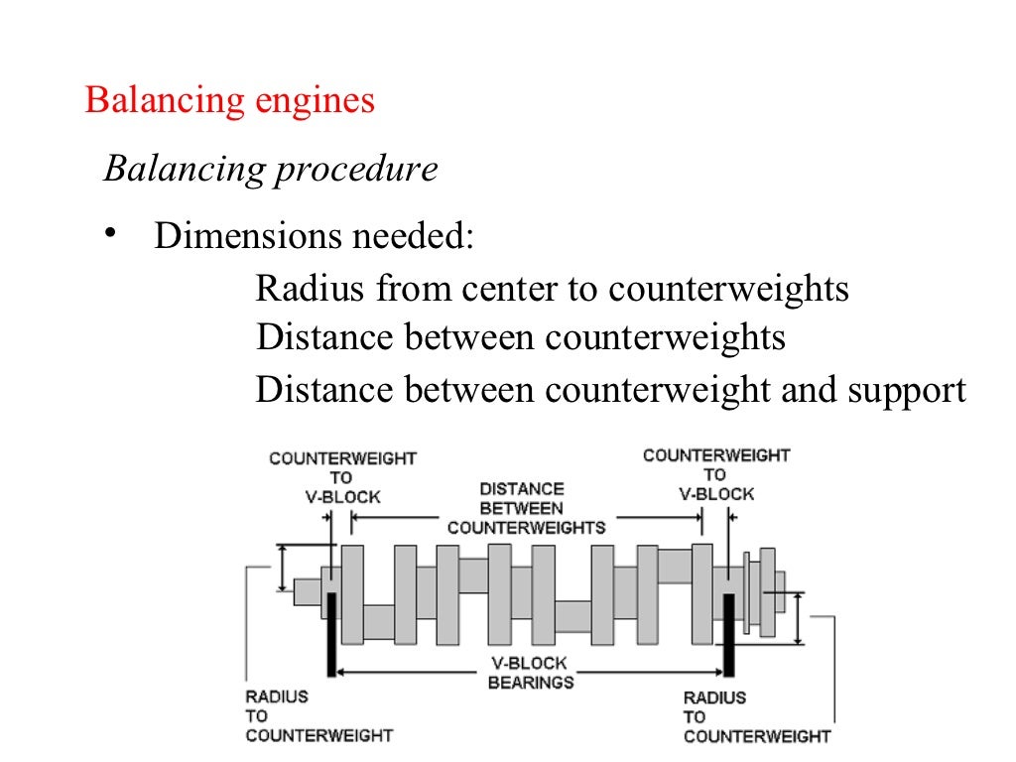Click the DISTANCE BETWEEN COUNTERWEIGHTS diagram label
(526, 508)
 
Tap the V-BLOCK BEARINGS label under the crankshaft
(530, 673)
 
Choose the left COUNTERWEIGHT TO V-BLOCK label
(342, 477)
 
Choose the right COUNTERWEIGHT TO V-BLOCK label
(715, 474)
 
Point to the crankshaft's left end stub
(307, 591)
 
